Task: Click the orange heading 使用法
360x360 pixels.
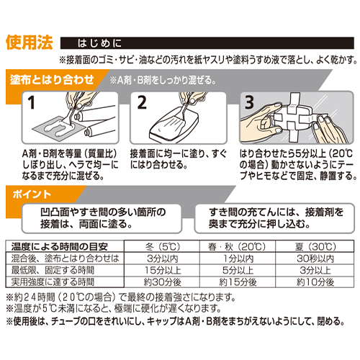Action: (x=30, y=42)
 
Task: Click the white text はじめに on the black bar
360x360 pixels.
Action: (x=99, y=43)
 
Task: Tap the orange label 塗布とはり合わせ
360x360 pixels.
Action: (x=52, y=80)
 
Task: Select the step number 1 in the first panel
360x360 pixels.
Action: (x=32, y=103)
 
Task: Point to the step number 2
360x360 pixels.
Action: (x=142, y=103)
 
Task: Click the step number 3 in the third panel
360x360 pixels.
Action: (x=249, y=102)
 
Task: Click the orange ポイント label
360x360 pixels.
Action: (x=32, y=194)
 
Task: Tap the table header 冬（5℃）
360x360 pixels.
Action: (x=162, y=246)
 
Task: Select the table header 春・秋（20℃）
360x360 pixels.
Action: (x=237, y=246)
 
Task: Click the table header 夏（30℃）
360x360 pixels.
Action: (x=315, y=246)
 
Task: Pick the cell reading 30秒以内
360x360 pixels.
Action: (x=315, y=258)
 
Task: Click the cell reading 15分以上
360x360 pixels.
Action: (x=162, y=270)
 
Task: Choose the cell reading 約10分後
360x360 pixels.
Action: (x=315, y=282)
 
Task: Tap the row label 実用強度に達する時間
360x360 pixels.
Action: (x=53, y=282)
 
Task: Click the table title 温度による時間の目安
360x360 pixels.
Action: (x=59, y=246)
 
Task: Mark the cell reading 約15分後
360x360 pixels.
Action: (x=238, y=282)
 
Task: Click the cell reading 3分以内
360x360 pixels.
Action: (x=162, y=258)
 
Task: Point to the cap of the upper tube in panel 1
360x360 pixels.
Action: (x=77, y=117)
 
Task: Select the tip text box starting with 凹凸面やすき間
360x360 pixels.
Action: (x=102, y=218)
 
